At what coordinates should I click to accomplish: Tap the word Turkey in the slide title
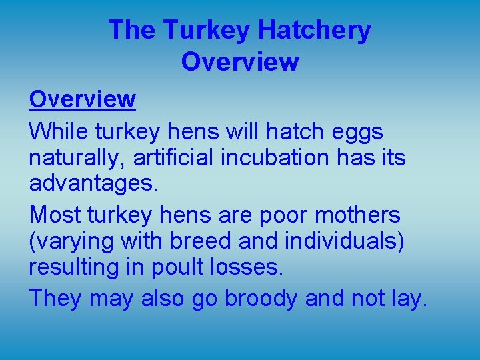pos(207,31)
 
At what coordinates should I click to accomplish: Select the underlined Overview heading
pos(82,99)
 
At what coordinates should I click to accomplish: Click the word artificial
pos(171,158)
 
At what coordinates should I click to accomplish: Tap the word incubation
pos(271,158)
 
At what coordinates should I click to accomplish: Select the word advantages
pos(93,183)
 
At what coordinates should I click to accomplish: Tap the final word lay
pos(408,298)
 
